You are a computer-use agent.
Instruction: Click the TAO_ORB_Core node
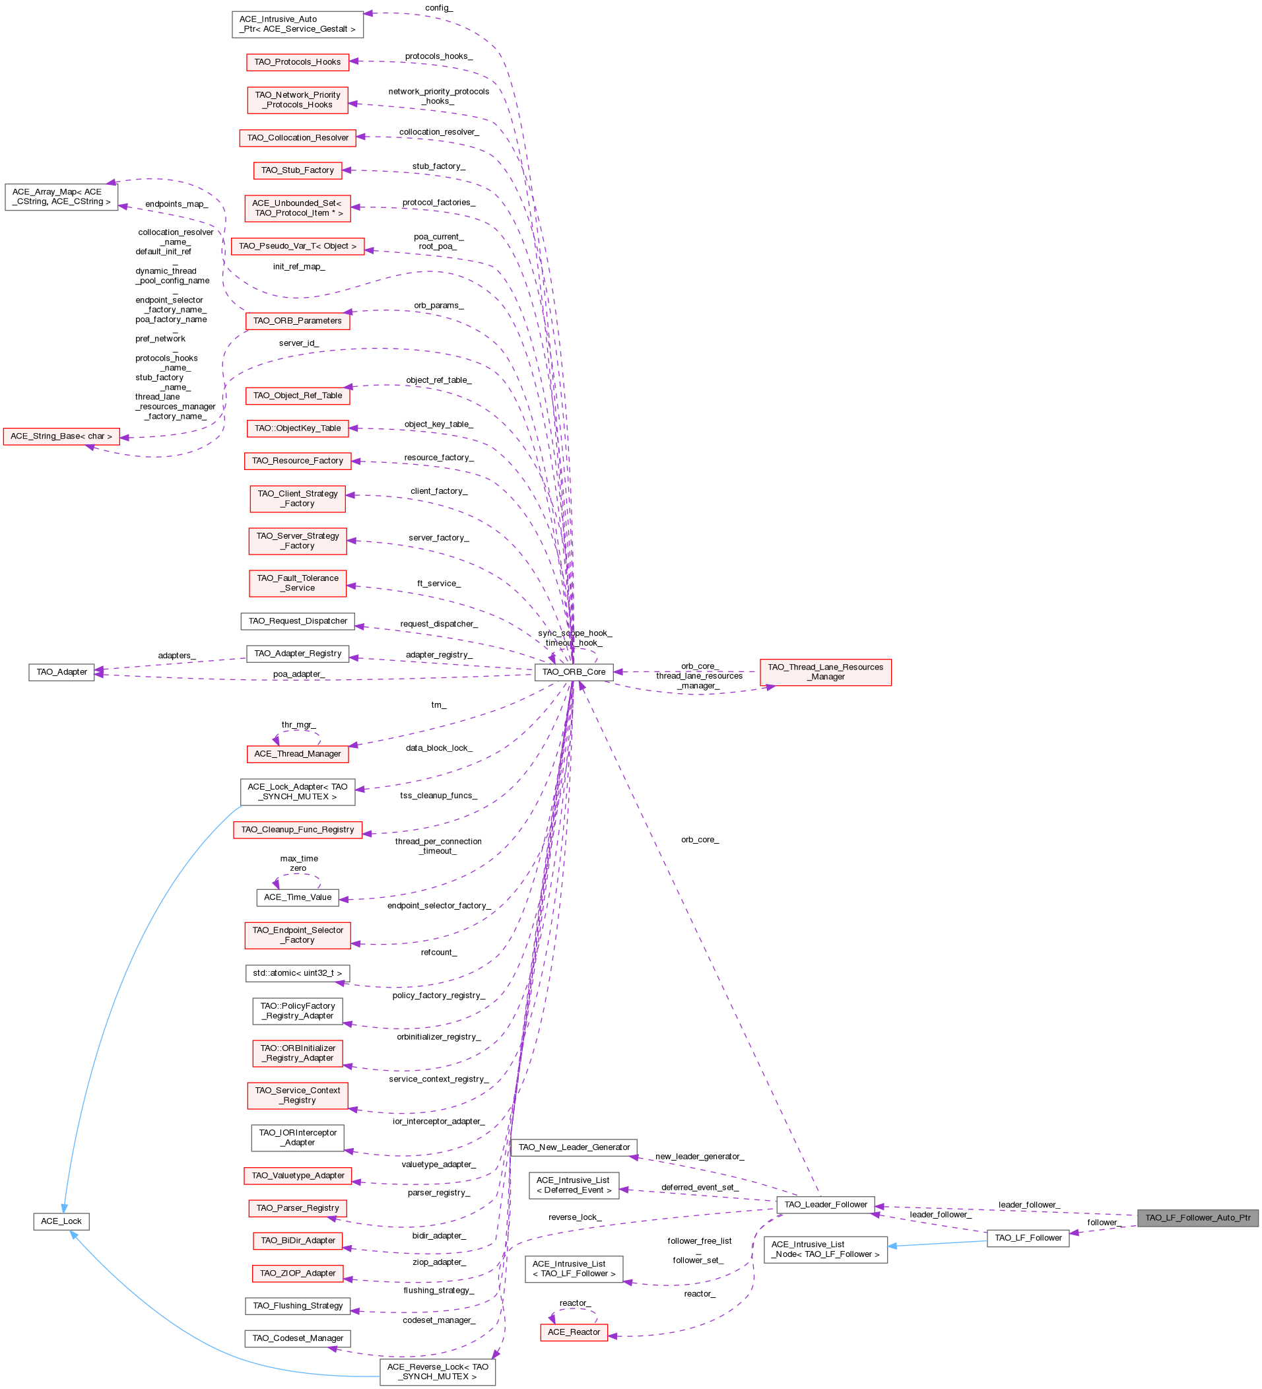573,672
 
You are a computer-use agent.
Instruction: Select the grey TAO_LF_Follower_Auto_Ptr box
1197,1217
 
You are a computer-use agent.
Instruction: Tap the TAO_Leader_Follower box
825,1204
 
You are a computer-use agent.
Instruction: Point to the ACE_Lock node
61,1221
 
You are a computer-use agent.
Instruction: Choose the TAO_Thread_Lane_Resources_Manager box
825,672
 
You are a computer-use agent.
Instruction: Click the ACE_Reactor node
573,1332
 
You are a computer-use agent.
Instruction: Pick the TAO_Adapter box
61,672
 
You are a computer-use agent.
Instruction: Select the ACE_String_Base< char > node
61,436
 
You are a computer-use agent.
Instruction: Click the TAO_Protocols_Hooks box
298,62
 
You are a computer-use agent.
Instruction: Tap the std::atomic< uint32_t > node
298,973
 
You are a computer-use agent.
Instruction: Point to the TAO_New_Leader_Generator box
574,1147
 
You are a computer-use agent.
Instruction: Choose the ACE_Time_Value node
298,897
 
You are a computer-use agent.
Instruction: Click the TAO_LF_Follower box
1028,1237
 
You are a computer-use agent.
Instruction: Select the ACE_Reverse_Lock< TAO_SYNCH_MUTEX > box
438,1371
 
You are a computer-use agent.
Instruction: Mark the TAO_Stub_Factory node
298,170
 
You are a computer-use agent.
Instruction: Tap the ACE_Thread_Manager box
298,754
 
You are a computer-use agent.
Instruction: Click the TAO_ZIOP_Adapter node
298,1273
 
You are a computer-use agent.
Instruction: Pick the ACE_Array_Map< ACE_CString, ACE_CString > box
61,197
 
